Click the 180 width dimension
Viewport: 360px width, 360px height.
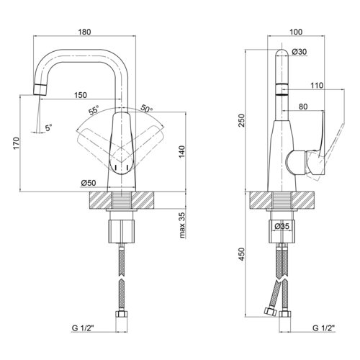pyautogui.click(x=84, y=32)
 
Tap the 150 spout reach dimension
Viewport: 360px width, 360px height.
pyautogui.click(x=81, y=95)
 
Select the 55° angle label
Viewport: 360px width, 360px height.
pyautogui.click(x=94, y=110)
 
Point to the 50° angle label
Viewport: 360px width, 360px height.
pyautogui.click(x=147, y=108)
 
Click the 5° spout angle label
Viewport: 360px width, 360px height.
pyautogui.click(x=49, y=127)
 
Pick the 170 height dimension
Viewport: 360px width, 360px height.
pyautogui.click(x=17, y=143)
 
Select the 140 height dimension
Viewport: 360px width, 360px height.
pyautogui.click(x=181, y=152)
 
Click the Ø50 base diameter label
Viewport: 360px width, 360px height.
pyautogui.click(x=89, y=183)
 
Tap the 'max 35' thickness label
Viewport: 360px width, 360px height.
pyautogui.click(x=182, y=225)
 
